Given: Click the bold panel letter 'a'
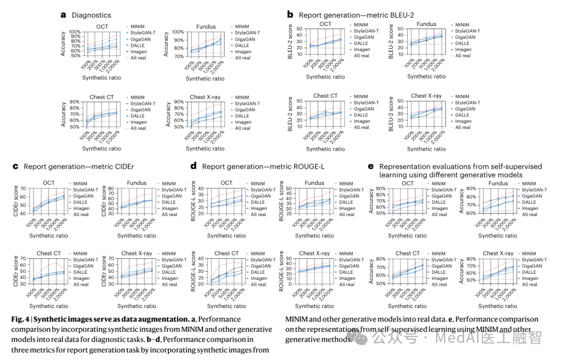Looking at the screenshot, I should point(63,15).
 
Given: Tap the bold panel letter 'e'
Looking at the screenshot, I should point(370,166).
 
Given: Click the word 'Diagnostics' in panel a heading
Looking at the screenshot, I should point(91,16).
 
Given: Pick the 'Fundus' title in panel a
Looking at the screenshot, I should point(206,27).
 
